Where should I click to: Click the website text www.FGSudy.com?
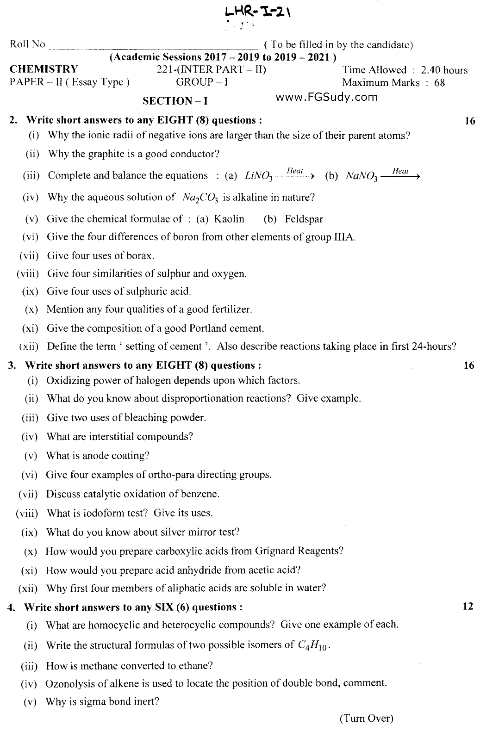point(326,97)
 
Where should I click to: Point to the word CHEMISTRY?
point(44,69)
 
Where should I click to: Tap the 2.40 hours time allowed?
point(444,70)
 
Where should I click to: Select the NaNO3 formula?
point(362,176)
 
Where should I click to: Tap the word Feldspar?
point(304,219)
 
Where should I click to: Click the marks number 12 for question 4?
point(468,606)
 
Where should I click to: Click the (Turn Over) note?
point(366,719)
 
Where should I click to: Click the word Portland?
point(208,328)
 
